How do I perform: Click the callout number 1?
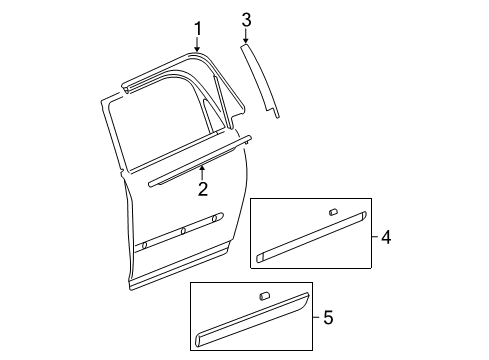(198, 28)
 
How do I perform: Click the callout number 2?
(202, 187)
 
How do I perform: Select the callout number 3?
(247, 19)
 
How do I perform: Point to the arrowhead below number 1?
(198, 49)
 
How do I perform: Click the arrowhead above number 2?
(202, 165)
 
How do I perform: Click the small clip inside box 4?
(332, 213)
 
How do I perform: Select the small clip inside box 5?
(266, 295)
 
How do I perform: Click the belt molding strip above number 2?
(200, 157)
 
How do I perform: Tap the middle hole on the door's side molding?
(183, 230)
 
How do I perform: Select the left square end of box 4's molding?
(262, 255)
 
